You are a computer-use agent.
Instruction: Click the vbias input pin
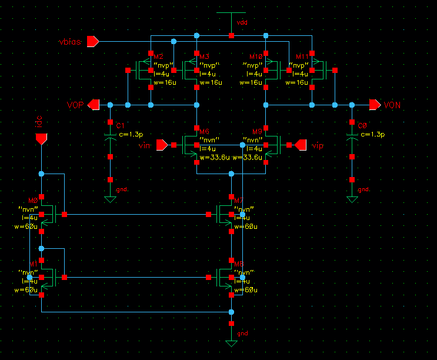[x=92, y=41]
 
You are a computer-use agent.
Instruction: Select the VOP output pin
[x=92, y=105]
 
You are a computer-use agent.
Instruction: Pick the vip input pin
[x=301, y=145]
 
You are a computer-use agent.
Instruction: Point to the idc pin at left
[x=41, y=139]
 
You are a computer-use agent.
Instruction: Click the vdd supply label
[x=242, y=22]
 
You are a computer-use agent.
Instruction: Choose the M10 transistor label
[x=255, y=56]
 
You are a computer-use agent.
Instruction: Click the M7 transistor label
[x=238, y=201]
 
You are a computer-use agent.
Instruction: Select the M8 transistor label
[x=238, y=265]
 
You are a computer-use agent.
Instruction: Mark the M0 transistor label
[x=32, y=201]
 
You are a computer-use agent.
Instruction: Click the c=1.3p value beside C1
[x=131, y=134]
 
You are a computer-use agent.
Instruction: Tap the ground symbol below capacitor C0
[x=352, y=199]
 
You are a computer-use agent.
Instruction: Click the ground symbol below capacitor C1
[x=109, y=199]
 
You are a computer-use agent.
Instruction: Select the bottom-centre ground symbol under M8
[x=231, y=342]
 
